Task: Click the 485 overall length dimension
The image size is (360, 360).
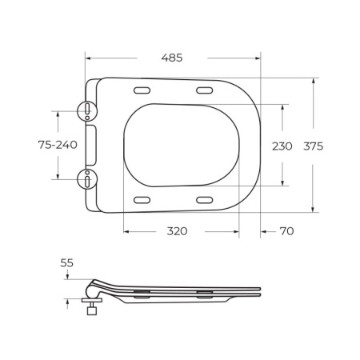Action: point(172,58)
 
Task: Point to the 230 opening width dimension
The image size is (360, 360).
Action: point(282,146)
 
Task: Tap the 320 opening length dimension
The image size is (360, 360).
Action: point(177,231)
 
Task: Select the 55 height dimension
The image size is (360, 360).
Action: point(66,262)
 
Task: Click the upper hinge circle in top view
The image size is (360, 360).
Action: point(86,110)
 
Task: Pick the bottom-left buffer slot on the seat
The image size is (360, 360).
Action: point(144,200)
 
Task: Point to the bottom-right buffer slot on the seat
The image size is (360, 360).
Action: point(203,200)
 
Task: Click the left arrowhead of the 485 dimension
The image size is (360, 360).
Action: point(88,58)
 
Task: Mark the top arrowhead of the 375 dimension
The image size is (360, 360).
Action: point(314,81)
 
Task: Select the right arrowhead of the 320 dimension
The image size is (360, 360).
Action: point(237,231)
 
